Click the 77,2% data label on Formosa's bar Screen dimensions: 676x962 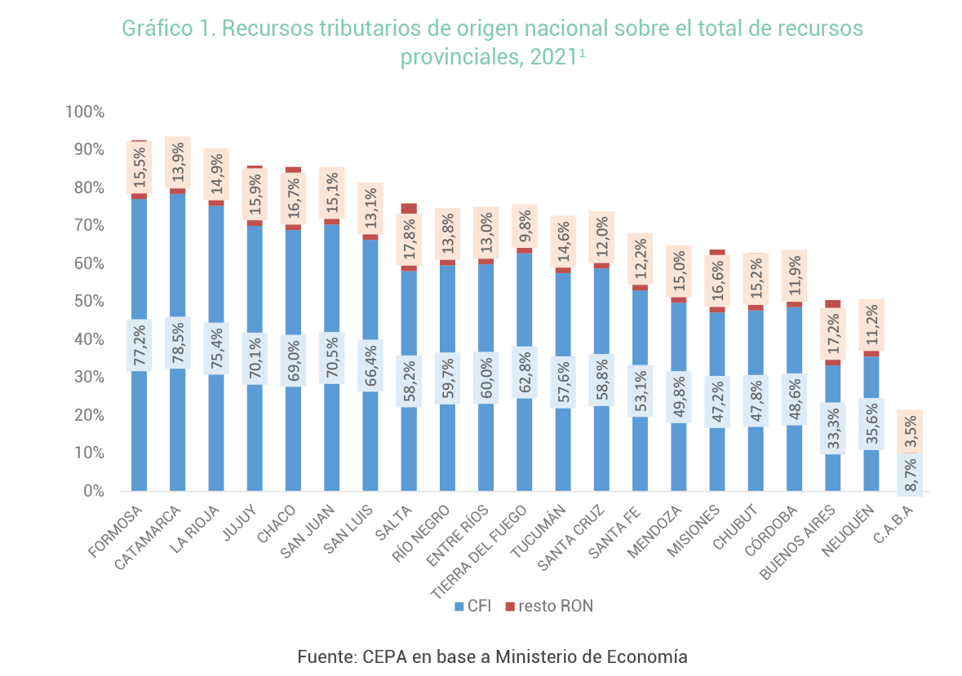[x=139, y=345]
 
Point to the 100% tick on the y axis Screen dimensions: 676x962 [x=85, y=112]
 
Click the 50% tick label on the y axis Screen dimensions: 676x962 [x=88, y=302]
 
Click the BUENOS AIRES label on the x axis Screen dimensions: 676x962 [x=799, y=541]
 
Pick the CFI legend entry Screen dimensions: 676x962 [x=473, y=606]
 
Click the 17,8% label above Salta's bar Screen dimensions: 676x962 [x=409, y=240]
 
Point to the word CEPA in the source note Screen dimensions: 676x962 [x=383, y=656]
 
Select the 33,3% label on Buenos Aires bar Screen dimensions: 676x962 [x=832, y=428]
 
